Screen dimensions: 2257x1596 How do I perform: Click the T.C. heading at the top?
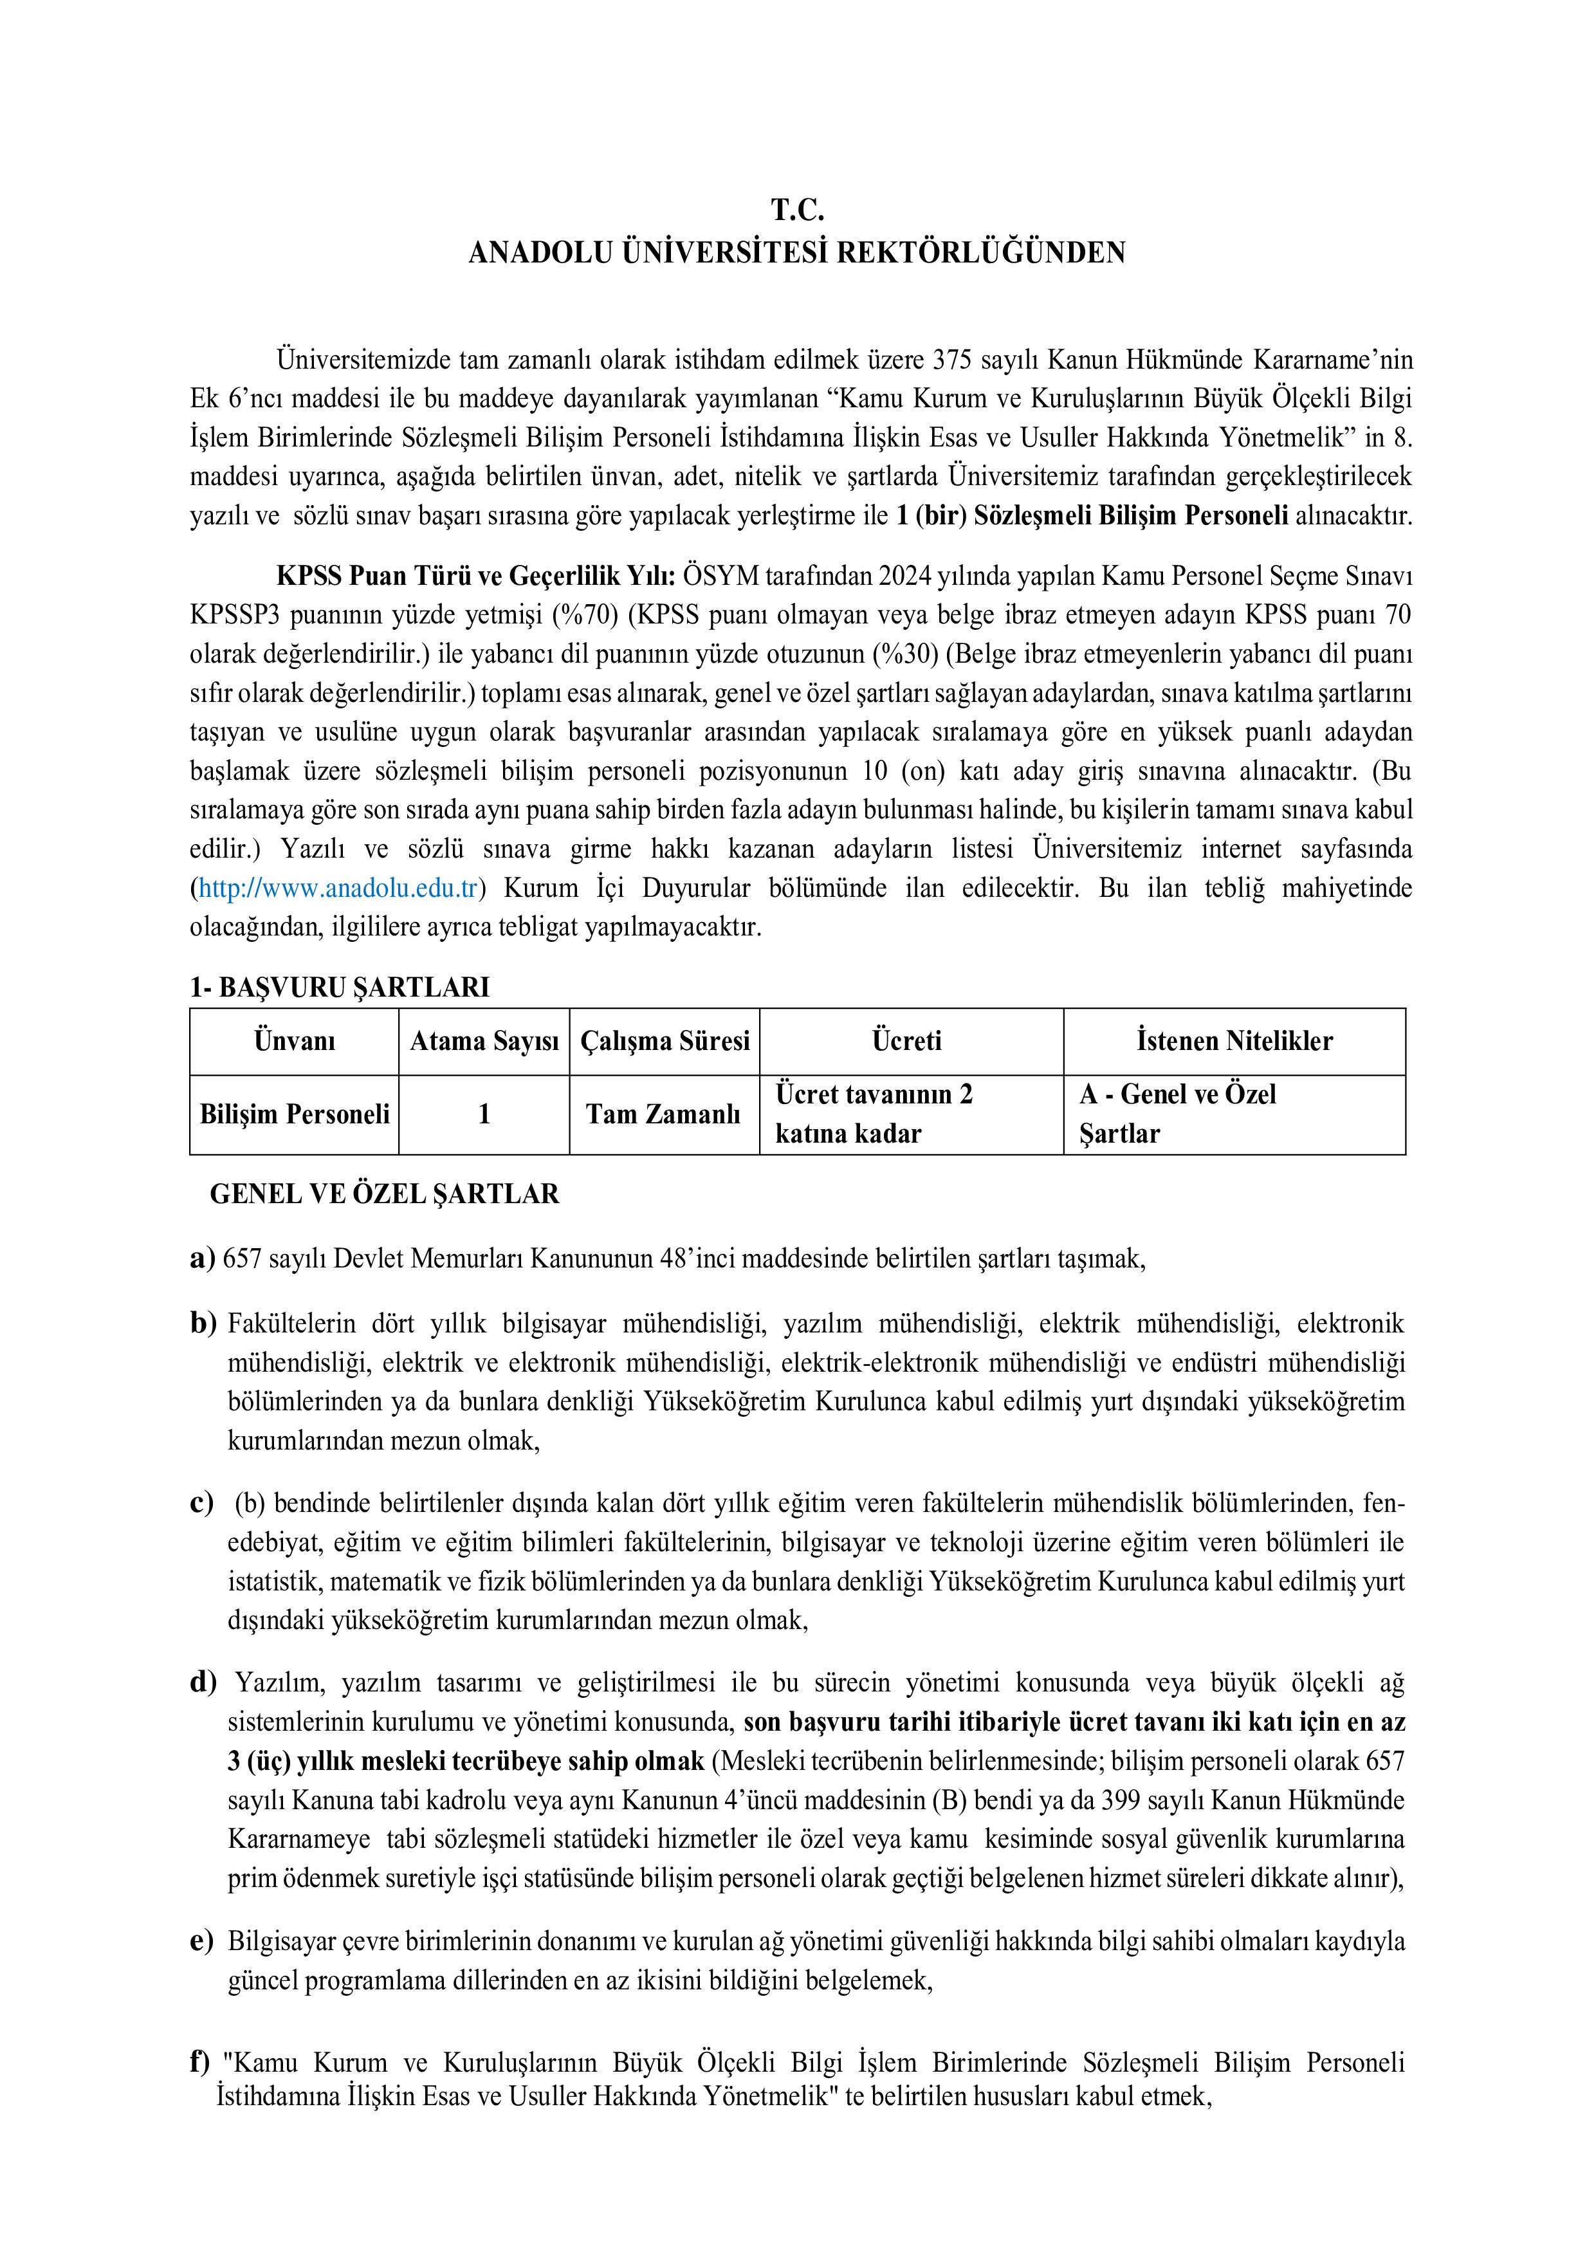797,210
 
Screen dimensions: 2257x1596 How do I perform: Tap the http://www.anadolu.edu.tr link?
338,889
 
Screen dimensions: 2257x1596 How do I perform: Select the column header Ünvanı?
294,1041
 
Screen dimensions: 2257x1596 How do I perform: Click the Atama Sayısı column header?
484,1041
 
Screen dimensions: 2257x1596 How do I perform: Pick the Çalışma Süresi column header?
665,1041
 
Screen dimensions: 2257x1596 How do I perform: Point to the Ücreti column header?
906,1041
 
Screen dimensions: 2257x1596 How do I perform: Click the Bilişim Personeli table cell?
294,1114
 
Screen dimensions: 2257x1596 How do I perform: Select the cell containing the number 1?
484,1114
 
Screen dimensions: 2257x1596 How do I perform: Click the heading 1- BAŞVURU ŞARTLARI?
339,987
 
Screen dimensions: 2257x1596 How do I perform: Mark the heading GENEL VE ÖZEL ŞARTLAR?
384,1193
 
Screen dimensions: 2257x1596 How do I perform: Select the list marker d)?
203,1683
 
